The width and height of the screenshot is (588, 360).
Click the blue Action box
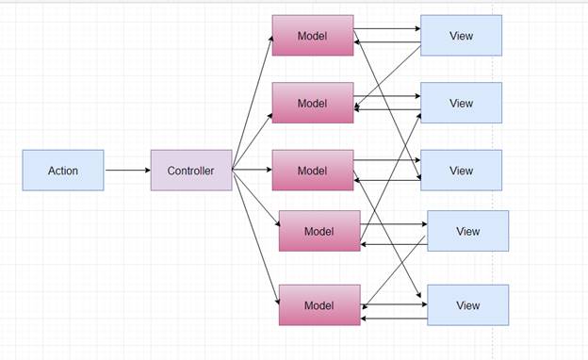click(x=63, y=171)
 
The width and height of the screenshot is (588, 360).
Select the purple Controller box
click(x=191, y=171)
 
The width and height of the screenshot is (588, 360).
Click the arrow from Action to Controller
click(x=127, y=171)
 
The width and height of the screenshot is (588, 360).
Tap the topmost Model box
click(x=313, y=36)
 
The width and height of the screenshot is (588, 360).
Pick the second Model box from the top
click(x=313, y=103)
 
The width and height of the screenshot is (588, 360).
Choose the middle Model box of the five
click(x=313, y=171)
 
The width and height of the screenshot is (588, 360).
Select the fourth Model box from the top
click(x=319, y=231)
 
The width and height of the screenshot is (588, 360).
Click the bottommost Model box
click(x=319, y=305)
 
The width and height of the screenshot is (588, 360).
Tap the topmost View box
click(x=461, y=36)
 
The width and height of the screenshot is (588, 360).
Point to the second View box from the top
click(x=461, y=103)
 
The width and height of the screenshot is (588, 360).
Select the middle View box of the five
click(x=461, y=171)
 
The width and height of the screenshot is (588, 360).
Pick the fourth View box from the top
click(x=467, y=231)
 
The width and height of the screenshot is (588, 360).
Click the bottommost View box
click(x=467, y=305)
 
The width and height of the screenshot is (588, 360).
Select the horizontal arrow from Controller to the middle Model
click(x=253, y=171)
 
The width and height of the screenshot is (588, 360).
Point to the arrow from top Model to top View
click(x=387, y=28)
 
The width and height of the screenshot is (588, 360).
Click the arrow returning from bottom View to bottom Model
click(x=394, y=319)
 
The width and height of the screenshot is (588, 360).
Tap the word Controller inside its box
click(x=191, y=171)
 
